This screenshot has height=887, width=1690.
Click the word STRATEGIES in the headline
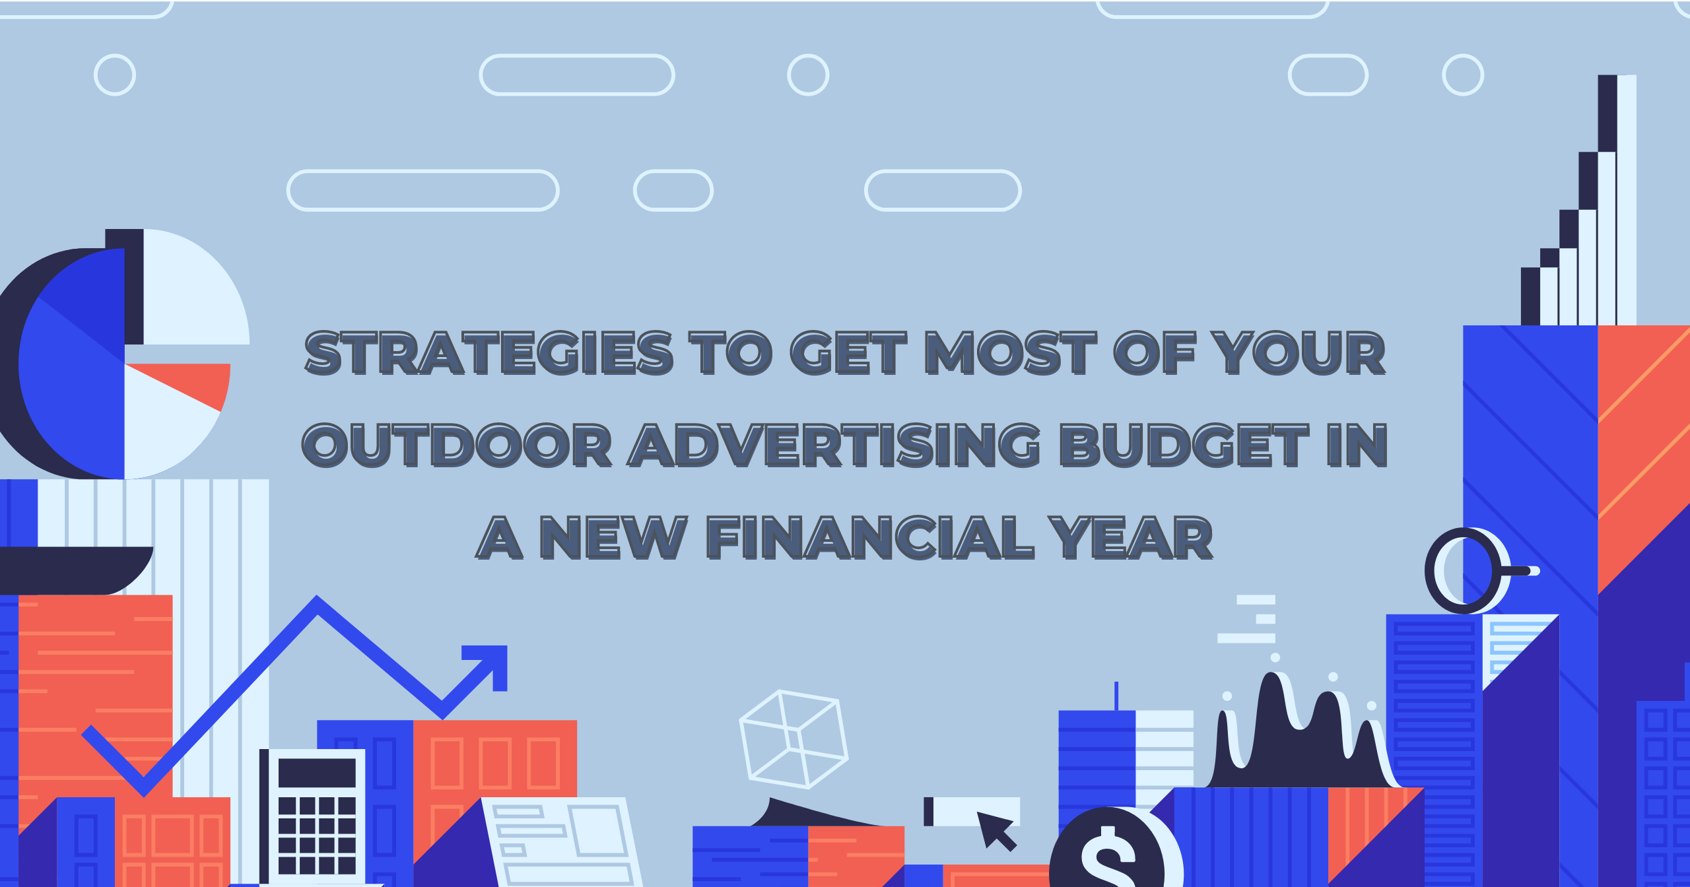489,353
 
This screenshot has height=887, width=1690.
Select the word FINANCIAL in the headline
870,538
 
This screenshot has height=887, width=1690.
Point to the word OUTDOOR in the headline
457,445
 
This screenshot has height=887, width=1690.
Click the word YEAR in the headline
1131,538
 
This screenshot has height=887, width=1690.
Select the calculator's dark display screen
317,773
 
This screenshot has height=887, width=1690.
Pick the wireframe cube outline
794,739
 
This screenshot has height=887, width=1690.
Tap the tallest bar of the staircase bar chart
1617,200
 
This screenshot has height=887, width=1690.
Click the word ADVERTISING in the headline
834,445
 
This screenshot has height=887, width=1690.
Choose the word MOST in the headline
1011,353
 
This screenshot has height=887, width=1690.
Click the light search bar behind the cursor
972,811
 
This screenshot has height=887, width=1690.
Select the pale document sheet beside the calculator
562,842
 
